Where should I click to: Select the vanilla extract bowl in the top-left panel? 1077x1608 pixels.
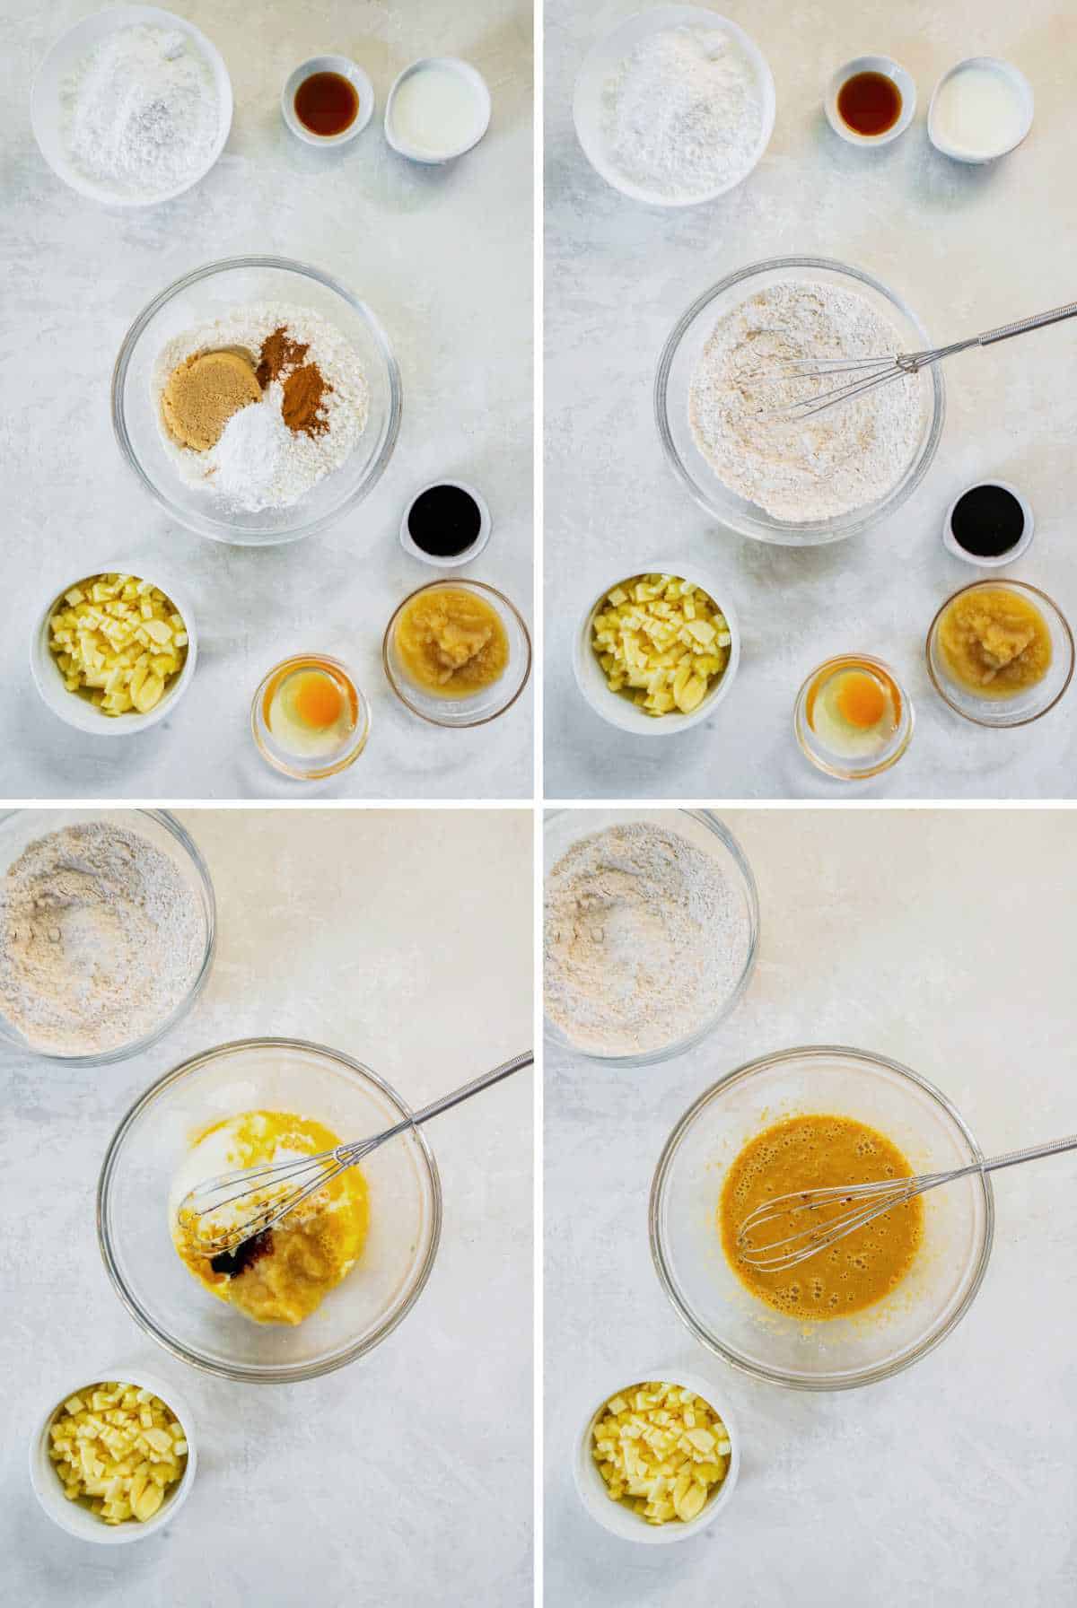327,101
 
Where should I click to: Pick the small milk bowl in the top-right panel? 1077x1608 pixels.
978,108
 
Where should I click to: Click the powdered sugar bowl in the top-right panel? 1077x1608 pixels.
673,103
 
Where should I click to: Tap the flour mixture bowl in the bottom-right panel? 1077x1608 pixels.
642,938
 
